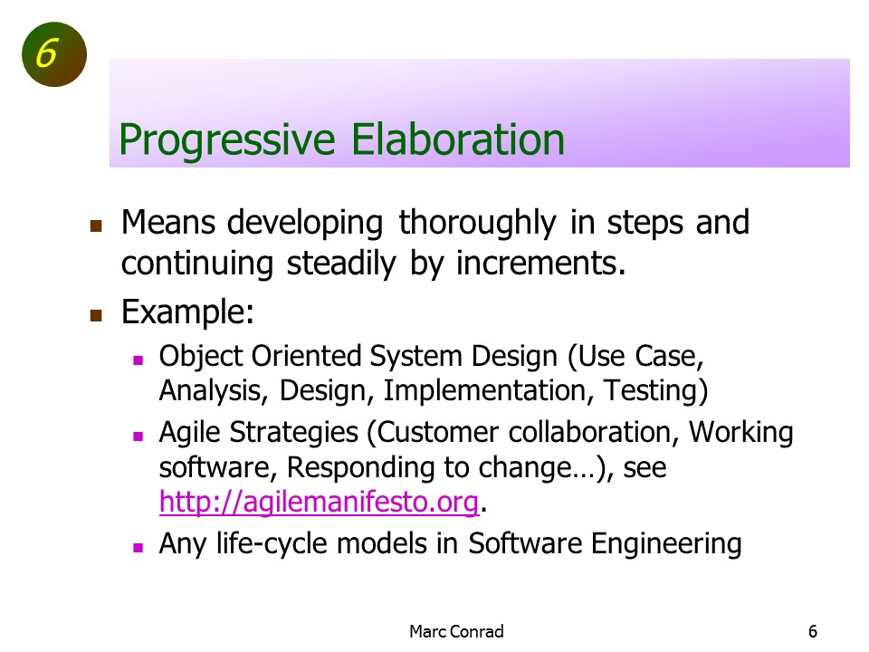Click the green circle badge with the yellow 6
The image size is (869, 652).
pyautogui.click(x=54, y=54)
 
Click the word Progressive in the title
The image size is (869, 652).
pyautogui.click(x=227, y=139)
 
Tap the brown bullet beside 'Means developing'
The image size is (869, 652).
pyautogui.click(x=96, y=225)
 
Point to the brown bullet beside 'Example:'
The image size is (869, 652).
pyautogui.click(x=96, y=315)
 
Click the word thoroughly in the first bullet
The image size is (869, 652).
pyautogui.click(x=477, y=224)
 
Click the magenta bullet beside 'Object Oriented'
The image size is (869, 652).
pyautogui.click(x=138, y=360)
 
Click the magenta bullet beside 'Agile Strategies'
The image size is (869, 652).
pyautogui.click(x=138, y=436)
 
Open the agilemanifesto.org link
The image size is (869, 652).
pyautogui.click(x=319, y=503)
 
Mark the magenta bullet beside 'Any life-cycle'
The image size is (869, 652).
pyautogui.click(x=138, y=548)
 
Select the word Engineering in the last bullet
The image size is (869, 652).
pyautogui.click(x=665, y=544)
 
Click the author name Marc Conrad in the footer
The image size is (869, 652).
pyautogui.click(x=456, y=631)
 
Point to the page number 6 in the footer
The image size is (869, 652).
pyautogui.click(x=813, y=631)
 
